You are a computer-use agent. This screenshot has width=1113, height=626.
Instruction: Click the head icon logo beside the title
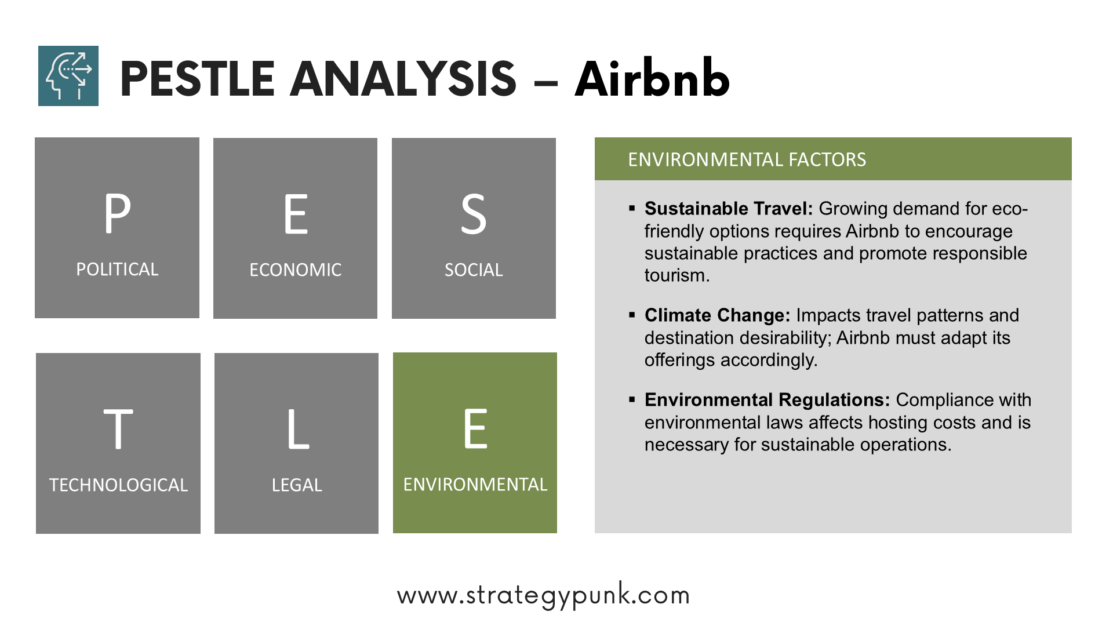point(68,76)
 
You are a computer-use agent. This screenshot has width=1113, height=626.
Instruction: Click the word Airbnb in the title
point(652,78)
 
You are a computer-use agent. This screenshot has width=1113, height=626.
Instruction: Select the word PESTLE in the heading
point(197,79)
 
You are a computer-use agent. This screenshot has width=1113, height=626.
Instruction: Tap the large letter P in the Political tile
point(118,213)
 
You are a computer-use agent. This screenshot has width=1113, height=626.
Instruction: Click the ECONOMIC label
point(296,270)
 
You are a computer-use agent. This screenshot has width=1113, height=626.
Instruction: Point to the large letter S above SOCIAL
point(474,214)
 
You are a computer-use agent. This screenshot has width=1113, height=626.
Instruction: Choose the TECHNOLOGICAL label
point(118,485)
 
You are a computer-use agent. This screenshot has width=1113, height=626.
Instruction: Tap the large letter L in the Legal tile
point(298,429)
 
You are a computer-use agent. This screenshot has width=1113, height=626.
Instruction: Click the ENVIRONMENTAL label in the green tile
point(475,484)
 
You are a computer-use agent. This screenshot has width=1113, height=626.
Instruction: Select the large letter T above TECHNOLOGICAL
point(118,429)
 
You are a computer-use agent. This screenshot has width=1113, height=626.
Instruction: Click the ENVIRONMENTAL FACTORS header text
point(747,159)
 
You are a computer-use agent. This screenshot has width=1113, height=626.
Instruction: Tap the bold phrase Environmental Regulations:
point(768,400)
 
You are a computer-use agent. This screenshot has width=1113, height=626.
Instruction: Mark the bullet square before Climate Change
point(632,315)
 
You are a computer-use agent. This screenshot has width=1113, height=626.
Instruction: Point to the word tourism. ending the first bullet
point(677,275)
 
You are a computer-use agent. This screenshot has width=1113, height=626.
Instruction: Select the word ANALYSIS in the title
point(403,79)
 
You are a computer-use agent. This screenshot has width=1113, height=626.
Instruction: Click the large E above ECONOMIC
point(296,214)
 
